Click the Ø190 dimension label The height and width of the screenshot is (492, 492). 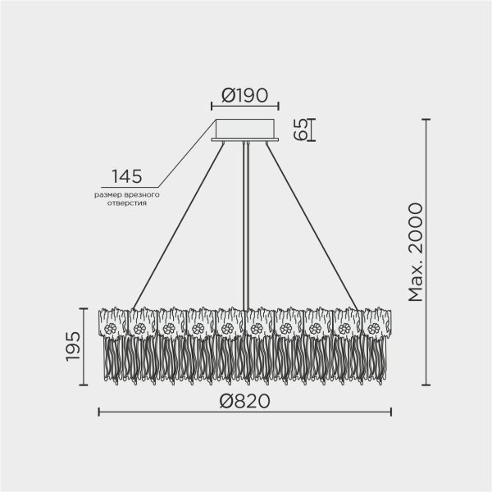point(245,93)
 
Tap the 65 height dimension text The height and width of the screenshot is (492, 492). point(302,129)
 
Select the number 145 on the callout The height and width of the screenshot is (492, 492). point(127,175)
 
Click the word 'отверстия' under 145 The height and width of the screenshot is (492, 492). point(127,203)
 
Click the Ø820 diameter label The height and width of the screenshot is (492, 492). point(245,400)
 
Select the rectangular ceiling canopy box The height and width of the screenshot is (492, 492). point(245,129)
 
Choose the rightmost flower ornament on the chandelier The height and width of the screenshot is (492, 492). point(374,329)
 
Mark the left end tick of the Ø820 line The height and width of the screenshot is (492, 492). point(99,411)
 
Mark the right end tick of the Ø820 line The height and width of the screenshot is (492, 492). point(391,411)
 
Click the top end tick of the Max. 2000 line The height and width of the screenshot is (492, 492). point(426,120)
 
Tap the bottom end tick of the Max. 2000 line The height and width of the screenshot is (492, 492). point(426,385)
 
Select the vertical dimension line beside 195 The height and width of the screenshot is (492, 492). point(84,347)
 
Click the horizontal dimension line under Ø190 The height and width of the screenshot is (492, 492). point(245,107)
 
